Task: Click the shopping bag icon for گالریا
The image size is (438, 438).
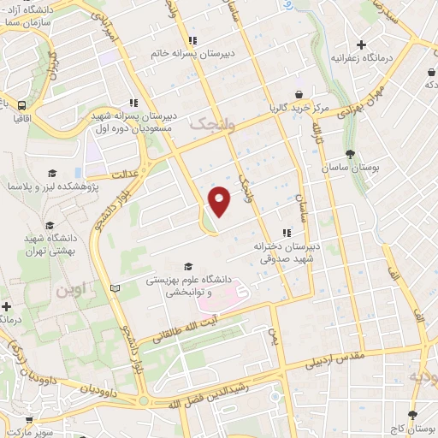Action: (298, 94)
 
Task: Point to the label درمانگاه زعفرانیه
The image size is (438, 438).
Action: (362, 59)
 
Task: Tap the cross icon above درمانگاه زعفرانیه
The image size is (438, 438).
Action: (362, 44)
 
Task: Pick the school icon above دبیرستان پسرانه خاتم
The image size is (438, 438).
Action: (194, 39)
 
